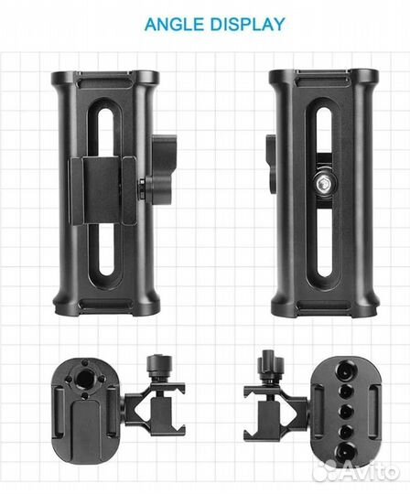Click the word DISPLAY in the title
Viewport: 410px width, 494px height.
(x=248, y=24)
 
